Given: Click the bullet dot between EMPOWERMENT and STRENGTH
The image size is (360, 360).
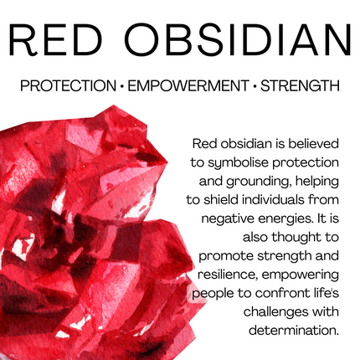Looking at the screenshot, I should [x=255, y=85].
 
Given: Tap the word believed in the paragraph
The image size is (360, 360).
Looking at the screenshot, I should [x=310, y=142].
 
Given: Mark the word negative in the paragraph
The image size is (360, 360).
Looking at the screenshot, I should [x=231, y=217].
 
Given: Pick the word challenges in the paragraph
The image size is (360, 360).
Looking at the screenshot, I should [x=266, y=311].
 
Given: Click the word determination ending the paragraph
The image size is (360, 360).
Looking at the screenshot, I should [x=293, y=329].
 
